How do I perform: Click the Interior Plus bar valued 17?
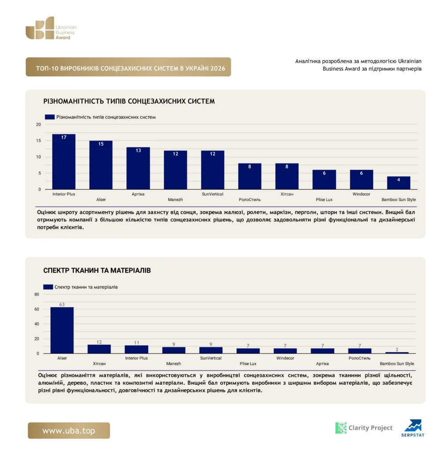coord(64,162)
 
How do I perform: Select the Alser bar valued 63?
coord(62,330)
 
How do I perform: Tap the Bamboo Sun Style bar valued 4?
coord(399,183)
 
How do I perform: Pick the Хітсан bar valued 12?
coord(99,349)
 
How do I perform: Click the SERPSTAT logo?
coord(413,428)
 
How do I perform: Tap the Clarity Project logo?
coord(364,428)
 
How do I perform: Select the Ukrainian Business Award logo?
coord(51,28)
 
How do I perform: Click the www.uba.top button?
coord(69,431)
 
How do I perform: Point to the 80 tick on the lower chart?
coord(37,294)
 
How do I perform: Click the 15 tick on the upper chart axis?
coord(38,140)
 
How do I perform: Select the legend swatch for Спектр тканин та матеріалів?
coord(48,287)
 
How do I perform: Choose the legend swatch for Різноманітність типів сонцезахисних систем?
coord(50,117)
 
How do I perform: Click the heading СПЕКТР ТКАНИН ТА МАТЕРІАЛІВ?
coord(97,270)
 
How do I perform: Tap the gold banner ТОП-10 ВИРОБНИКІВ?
coord(128,67)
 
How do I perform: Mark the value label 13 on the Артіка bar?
coord(138,151)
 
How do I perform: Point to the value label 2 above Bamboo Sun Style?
coord(397,349)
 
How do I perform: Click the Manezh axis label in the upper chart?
coord(175,199)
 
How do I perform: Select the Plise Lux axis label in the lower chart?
coord(248,363)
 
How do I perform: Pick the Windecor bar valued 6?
coord(362,179)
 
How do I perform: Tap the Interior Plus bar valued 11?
coord(136,350)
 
